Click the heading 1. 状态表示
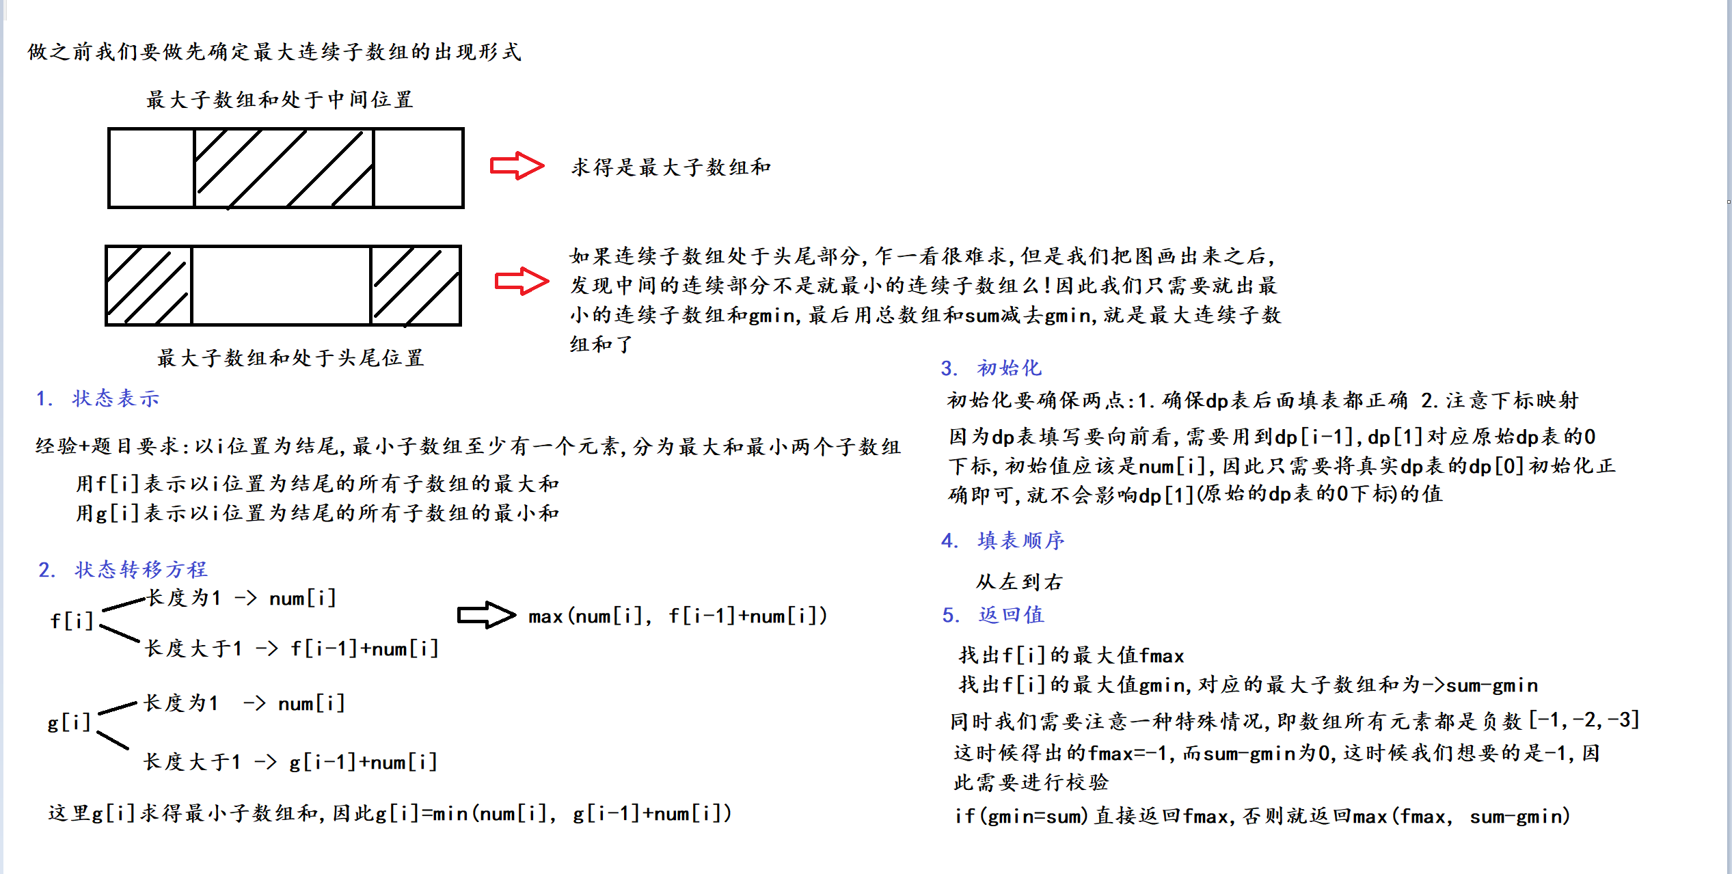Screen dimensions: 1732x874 pos(98,398)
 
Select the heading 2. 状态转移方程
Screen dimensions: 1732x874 pos(123,569)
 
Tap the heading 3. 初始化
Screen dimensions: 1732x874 pos(991,368)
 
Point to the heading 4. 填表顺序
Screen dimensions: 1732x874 pos(1003,541)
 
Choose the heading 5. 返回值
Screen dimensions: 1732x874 pos(993,615)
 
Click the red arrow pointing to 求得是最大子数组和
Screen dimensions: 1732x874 pos(517,166)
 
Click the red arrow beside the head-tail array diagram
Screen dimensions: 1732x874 pos(522,281)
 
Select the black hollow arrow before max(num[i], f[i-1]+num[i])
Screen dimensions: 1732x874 pos(486,615)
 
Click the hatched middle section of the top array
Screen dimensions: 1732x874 pos(284,168)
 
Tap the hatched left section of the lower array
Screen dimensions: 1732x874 pos(148,285)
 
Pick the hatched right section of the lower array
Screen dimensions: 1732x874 pos(416,285)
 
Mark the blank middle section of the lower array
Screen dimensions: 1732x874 pos(281,285)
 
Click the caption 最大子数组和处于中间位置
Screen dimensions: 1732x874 pos(280,100)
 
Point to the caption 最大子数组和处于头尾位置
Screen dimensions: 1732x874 pos(290,358)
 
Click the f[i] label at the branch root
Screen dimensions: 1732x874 pos(72,621)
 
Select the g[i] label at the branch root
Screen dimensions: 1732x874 pos(69,722)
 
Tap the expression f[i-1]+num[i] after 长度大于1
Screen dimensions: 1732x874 pos(364,648)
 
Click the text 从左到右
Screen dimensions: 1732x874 pos(1019,582)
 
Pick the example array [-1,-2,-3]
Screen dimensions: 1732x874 pos(1584,720)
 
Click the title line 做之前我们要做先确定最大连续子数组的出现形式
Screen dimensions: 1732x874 pos(275,52)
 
